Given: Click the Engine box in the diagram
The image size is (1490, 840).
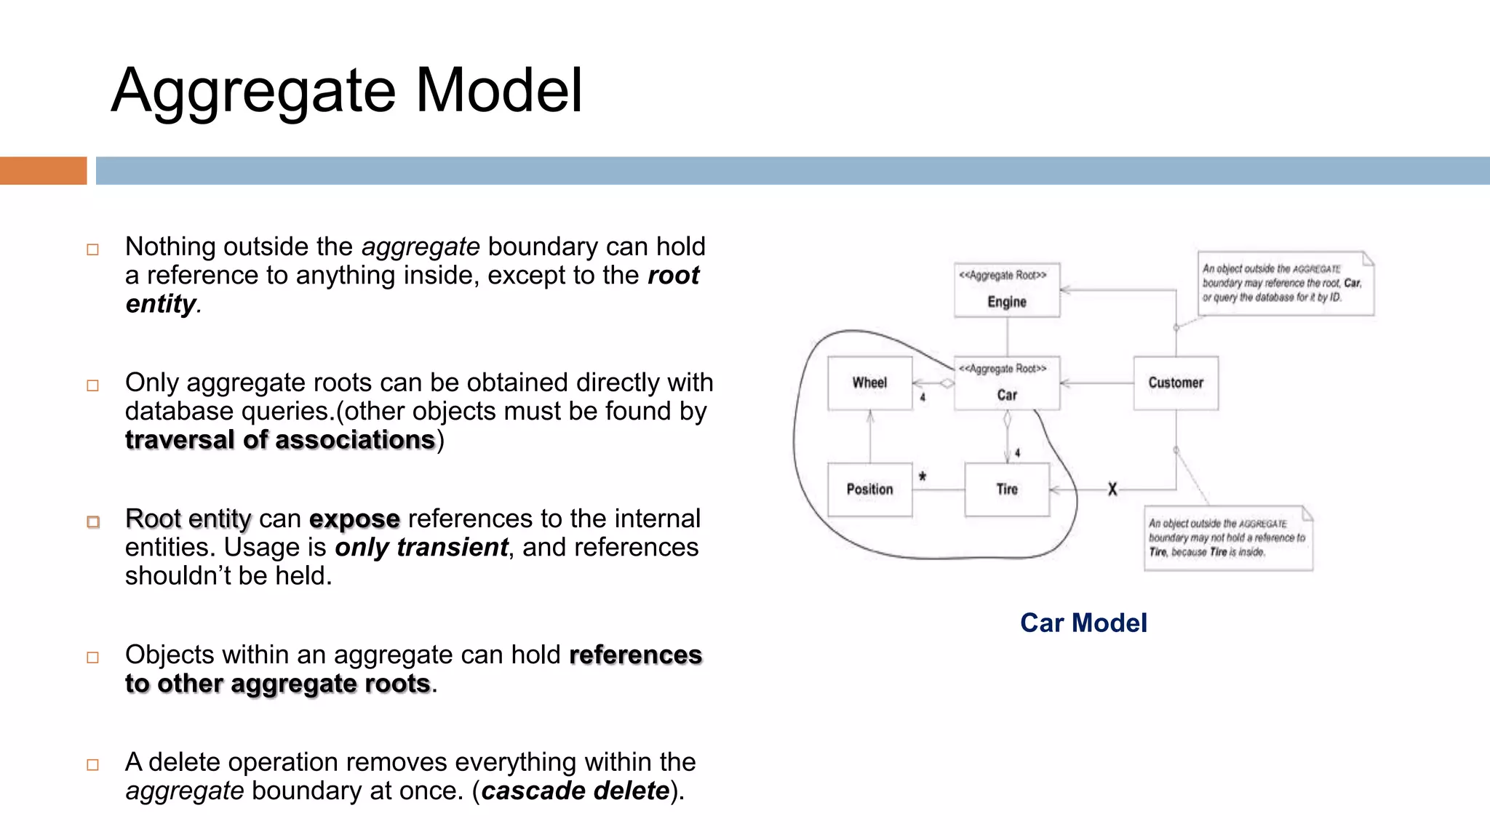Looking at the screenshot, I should tap(1007, 290).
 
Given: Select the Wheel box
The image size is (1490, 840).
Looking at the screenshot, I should tap(869, 383).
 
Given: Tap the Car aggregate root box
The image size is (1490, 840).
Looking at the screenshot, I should tap(1007, 383).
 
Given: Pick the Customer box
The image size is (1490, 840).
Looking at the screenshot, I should tap(1176, 383).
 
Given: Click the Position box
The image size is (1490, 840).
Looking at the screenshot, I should tap(869, 489).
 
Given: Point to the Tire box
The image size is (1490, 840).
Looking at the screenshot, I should tap(1007, 489).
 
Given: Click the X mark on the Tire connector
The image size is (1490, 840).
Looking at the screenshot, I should tap(1112, 489).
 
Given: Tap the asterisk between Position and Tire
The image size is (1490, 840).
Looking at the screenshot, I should tap(923, 477).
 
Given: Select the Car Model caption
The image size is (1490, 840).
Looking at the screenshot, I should tap(1083, 623).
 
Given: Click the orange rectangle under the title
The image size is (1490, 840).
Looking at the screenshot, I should tap(43, 171).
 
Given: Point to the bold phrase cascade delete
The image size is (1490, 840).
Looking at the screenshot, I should tap(575, 791).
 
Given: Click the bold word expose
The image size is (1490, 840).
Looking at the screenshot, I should tap(354, 519).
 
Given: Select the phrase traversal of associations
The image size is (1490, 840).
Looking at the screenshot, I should tap(280, 440).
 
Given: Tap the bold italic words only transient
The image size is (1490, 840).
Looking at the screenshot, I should tap(421, 548).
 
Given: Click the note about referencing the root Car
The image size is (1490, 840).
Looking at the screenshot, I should tap(1286, 284).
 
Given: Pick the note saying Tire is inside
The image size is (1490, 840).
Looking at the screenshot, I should tap(1228, 538).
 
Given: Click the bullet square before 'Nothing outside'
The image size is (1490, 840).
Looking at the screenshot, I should tap(92, 249).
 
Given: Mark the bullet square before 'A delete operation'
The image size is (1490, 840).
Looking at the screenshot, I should tap(92, 765).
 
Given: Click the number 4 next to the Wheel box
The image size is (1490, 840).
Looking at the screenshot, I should tap(923, 398).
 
